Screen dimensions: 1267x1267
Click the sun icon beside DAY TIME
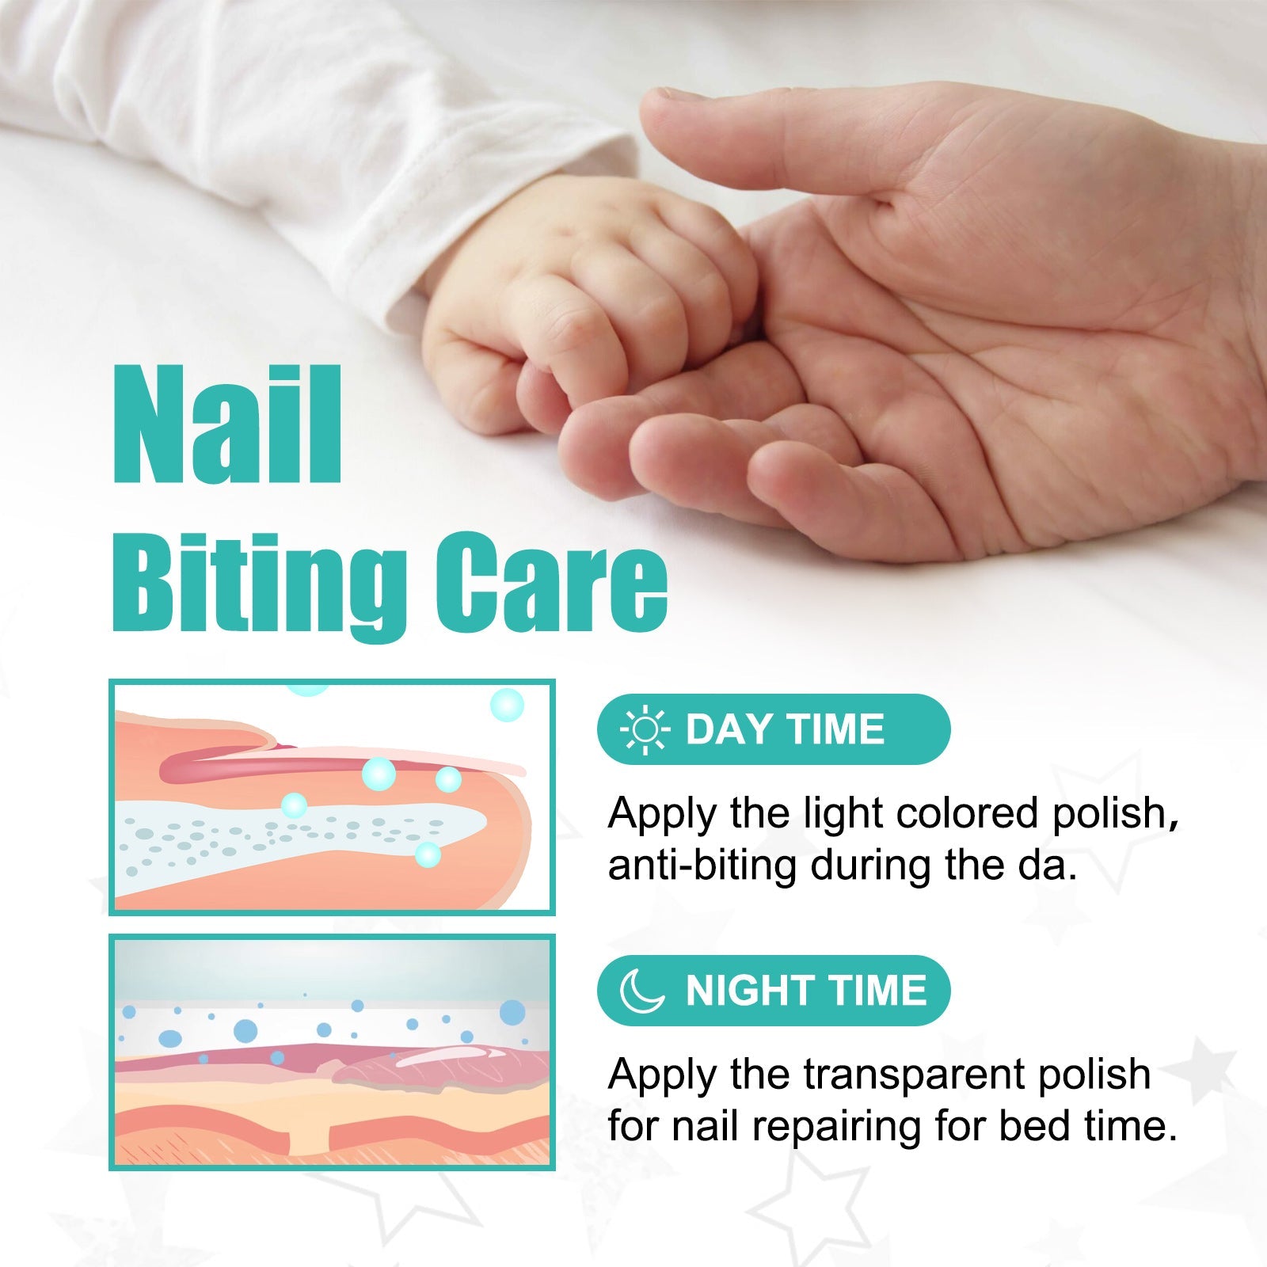(645, 729)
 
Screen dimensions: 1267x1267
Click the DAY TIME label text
(784, 729)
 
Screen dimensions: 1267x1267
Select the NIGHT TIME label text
(805, 991)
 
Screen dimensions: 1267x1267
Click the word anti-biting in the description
(702, 865)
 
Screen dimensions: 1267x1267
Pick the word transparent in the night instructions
(915, 1075)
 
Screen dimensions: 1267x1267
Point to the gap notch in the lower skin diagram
(310, 1140)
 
